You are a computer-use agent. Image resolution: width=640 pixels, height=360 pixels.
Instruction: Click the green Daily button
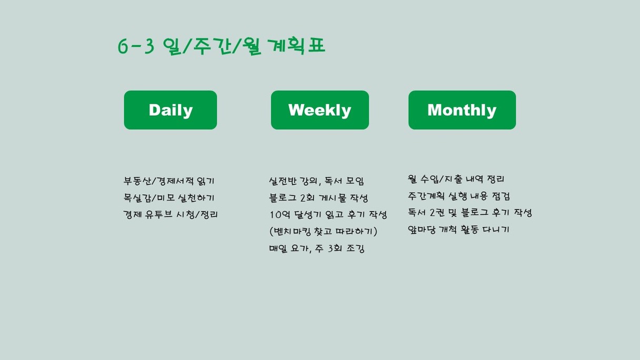coord(171,110)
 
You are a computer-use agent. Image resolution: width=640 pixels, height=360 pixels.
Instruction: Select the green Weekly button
coord(319,110)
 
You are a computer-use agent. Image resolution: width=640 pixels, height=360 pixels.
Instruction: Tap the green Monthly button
coord(462,110)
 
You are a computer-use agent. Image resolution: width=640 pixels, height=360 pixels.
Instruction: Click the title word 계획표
coord(297,46)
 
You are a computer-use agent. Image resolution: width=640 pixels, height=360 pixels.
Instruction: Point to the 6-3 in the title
coord(136,46)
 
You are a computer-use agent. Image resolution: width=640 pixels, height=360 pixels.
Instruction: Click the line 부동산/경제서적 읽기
coord(169,181)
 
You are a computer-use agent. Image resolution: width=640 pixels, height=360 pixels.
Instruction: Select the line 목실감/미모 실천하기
coord(169,198)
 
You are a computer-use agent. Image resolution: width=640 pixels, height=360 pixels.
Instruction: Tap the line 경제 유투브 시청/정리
coord(171,214)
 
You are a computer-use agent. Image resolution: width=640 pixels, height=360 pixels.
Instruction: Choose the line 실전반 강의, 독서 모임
coord(316,181)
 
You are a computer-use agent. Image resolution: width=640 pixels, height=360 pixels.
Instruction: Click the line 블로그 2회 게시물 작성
coord(318,198)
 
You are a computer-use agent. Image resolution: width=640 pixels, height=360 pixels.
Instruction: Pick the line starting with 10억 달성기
coord(328,214)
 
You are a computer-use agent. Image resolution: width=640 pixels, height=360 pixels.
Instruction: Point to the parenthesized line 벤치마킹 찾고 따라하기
coord(324,231)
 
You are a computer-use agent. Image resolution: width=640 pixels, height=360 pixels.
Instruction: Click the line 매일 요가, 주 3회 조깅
coord(317,248)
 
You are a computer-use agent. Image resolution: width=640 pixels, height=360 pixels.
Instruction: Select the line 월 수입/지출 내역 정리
coord(456,179)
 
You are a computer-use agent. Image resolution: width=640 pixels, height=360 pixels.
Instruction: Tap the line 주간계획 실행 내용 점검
coord(459,196)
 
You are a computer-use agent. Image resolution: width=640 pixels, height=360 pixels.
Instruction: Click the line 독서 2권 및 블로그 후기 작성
coord(470,213)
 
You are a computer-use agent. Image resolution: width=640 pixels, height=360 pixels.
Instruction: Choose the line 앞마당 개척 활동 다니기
coord(458,229)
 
